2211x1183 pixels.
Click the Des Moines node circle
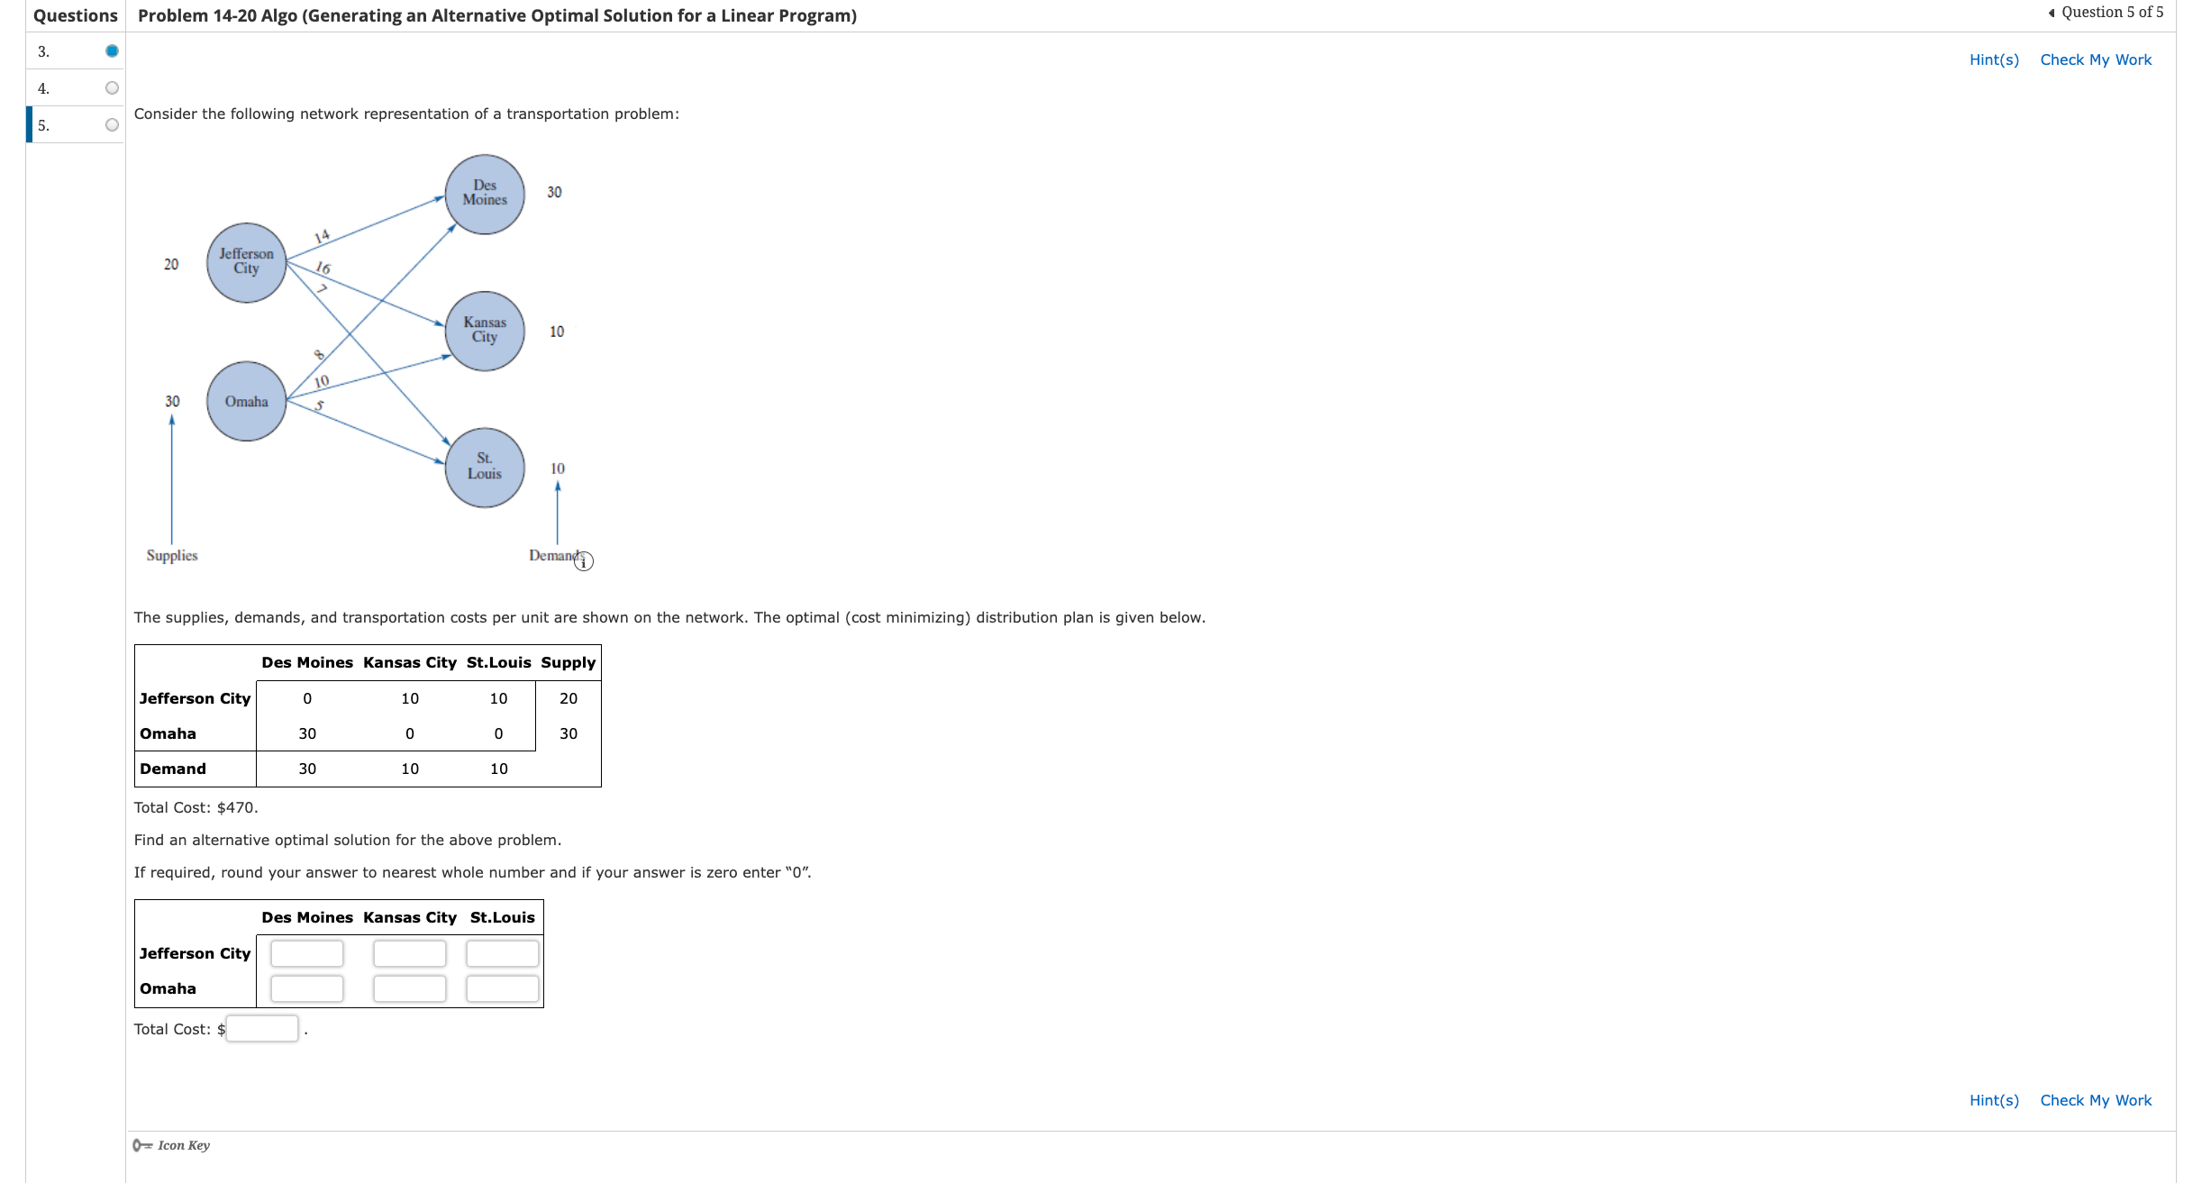[x=485, y=194]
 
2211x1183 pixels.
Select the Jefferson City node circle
[x=246, y=262]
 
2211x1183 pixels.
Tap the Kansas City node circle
[x=485, y=331]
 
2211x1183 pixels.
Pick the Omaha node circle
[x=246, y=401]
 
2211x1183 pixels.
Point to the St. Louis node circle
[x=485, y=467]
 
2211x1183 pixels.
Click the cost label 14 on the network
[x=322, y=236]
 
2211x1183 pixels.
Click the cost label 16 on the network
[x=323, y=268]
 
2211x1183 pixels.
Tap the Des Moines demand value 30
[x=554, y=192]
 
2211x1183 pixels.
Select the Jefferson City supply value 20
[x=171, y=264]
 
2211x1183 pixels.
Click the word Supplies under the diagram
[x=172, y=555]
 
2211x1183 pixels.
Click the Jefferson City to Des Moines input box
[x=306, y=953]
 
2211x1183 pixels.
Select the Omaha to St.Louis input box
[x=502, y=988]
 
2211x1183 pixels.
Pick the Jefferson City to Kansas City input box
[x=409, y=953]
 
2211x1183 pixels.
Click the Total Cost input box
[x=261, y=1029]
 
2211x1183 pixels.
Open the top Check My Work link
[x=2095, y=59]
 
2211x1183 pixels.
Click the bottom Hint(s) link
[x=1993, y=1100]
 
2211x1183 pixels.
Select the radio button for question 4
[x=112, y=88]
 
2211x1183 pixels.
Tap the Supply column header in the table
[x=568, y=662]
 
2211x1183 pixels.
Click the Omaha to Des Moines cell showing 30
[x=307, y=733]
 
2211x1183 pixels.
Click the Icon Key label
[x=183, y=1145]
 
